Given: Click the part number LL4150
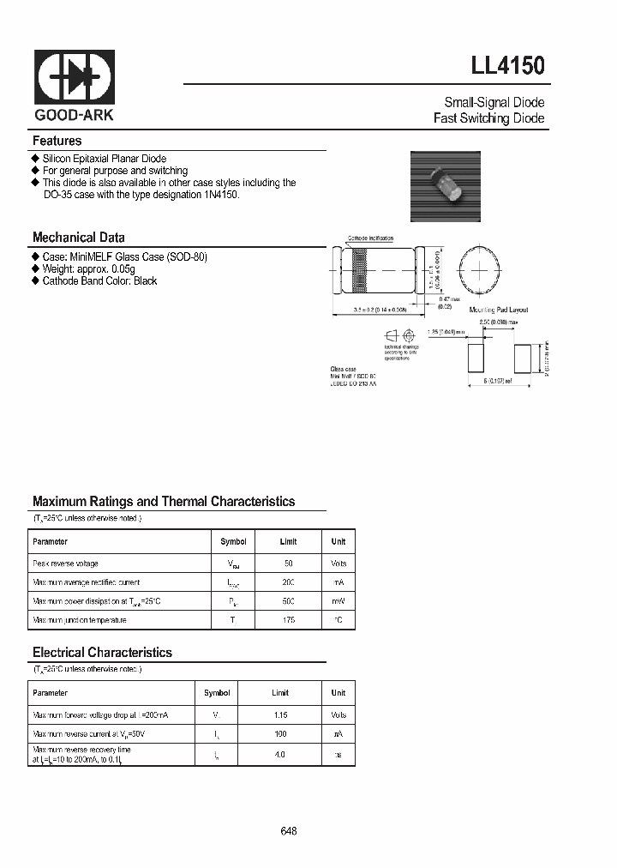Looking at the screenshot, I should tap(507, 66).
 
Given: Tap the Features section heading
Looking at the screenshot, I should tap(57, 141).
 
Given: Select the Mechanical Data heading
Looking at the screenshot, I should tap(79, 238).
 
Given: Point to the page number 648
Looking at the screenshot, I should tap(289, 831).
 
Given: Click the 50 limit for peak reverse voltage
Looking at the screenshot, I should tap(289, 564).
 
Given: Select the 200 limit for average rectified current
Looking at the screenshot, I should tap(289, 582).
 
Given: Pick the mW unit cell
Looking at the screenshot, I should tap(338, 601).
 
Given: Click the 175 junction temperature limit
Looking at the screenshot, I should tap(289, 620).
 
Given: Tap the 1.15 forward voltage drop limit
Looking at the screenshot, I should tap(281, 714).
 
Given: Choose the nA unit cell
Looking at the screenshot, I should tap(338, 734).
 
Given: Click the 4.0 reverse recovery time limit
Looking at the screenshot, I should tap(281, 755).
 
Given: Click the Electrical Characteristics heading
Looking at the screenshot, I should tap(102, 653).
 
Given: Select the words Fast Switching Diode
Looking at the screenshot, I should tap(489, 118).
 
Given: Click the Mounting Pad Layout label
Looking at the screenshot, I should tap(498, 310).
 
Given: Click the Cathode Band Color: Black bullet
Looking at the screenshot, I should tap(99, 281).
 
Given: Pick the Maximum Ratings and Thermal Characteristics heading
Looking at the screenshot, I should tap(164, 502).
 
